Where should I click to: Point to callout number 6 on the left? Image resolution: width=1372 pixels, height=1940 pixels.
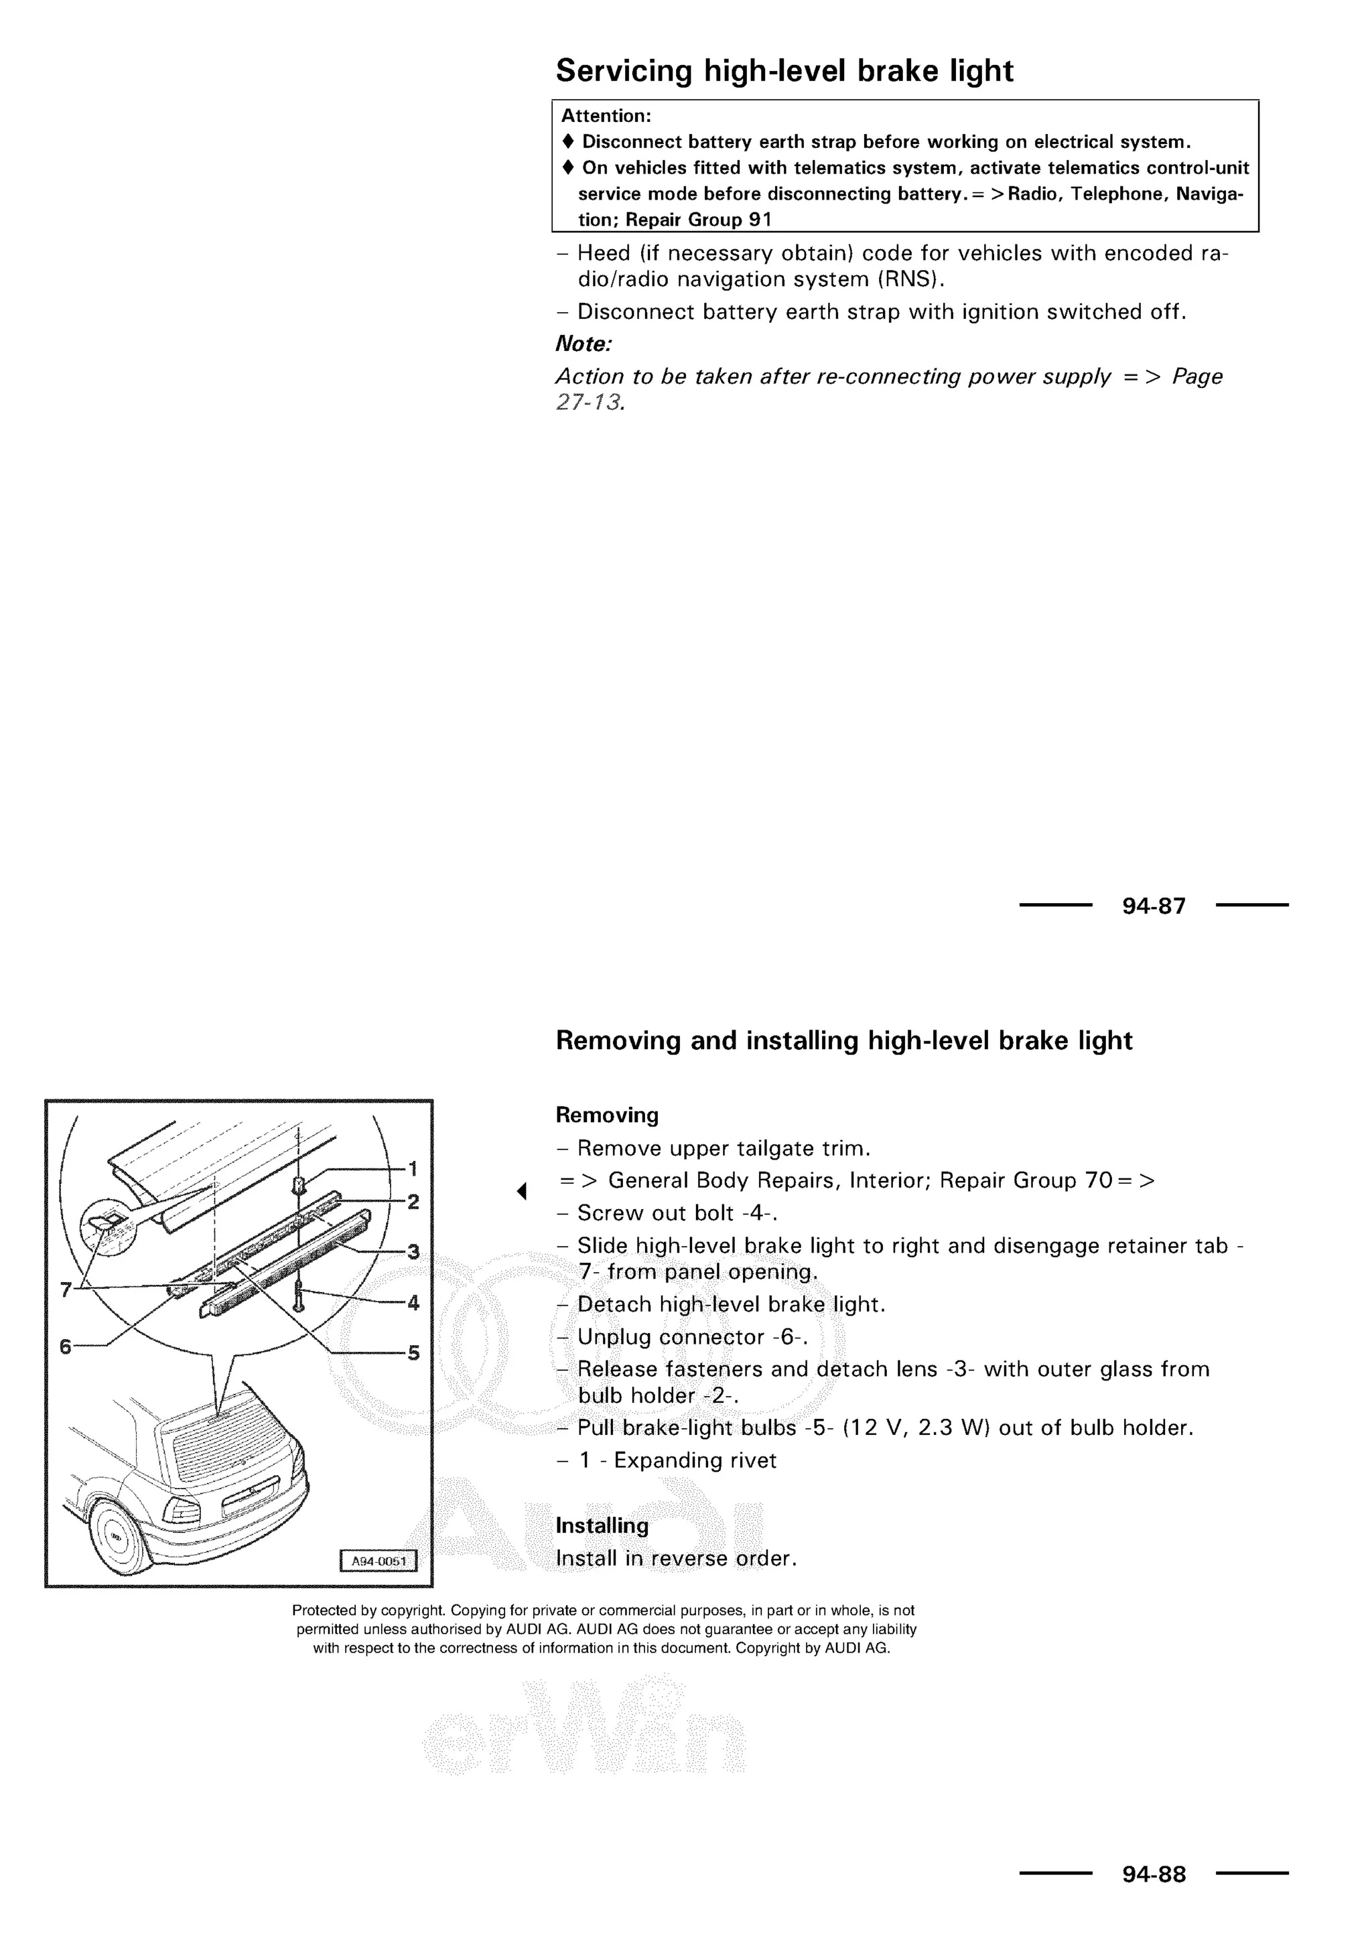[x=66, y=1346]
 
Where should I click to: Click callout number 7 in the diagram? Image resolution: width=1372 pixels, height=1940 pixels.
[x=66, y=1290]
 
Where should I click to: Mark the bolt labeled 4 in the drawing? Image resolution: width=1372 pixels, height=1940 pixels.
[x=299, y=1294]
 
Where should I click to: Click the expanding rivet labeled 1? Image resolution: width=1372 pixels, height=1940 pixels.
[x=297, y=1184]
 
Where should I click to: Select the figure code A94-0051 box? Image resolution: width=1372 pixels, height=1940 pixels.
[x=379, y=1561]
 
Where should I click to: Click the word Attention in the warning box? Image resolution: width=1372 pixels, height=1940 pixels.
[x=605, y=116]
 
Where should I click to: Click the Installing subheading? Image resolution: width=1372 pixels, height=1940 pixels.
[x=602, y=1525]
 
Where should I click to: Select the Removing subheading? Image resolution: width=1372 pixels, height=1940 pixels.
[x=606, y=1115]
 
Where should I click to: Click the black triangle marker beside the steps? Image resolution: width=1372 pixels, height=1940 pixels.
[x=522, y=1191]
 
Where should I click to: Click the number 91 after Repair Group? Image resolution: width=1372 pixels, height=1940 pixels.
[x=760, y=220]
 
